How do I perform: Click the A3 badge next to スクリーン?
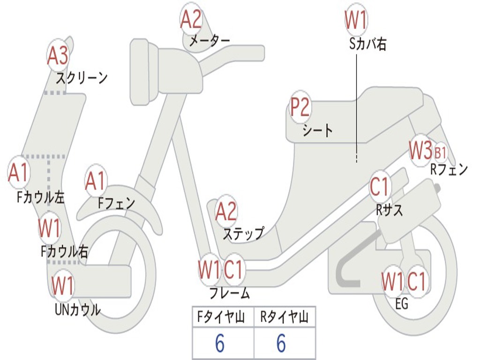[58, 56]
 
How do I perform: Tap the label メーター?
[209, 41]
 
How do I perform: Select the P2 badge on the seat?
[300, 107]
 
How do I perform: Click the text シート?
[317, 130]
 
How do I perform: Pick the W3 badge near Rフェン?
[420, 150]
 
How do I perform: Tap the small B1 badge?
[440, 152]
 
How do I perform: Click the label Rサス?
[390, 210]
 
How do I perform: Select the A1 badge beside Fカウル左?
[19, 173]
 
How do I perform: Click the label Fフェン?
[116, 203]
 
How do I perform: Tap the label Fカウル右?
[64, 252]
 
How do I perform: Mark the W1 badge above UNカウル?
[62, 285]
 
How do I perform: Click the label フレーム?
[229, 293]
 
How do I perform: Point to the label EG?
[402, 304]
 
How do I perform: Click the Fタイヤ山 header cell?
[223, 318]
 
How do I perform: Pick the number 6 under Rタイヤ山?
[281, 344]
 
